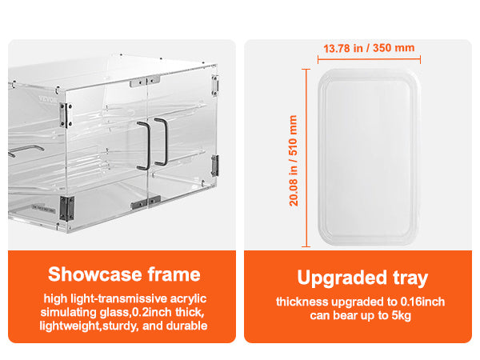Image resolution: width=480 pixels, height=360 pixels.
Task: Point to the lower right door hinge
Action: click(215, 166)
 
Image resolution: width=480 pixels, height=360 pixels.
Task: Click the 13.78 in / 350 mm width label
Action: click(369, 48)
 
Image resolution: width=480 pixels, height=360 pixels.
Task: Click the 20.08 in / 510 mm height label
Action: click(294, 160)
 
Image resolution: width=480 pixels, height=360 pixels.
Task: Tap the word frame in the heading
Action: click(174, 274)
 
